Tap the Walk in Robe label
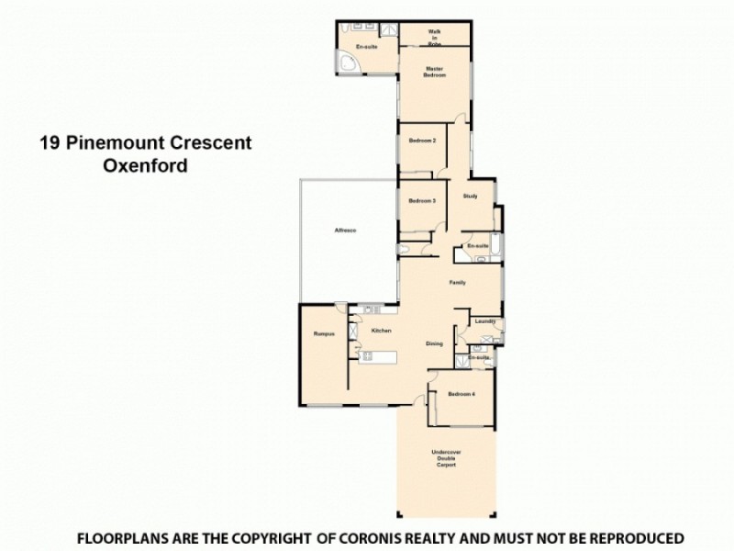pyautogui.click(x=434, y=37)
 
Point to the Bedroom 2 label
pyautogui.click(x=422, y=141)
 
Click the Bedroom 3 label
pyautogui.click(x=422, y=201)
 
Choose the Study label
pyautogui.click(x=470, y=197)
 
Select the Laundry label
pyautogui.click(x=485, y=321)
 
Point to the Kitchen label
pyautogui.click(x=383, y=330)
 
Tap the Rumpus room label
pyautogui.click(x=321, y=334)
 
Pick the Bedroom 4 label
pyautogui.click(x=461, y=394)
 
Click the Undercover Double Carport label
pyautogui.click(x=445, y=458)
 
